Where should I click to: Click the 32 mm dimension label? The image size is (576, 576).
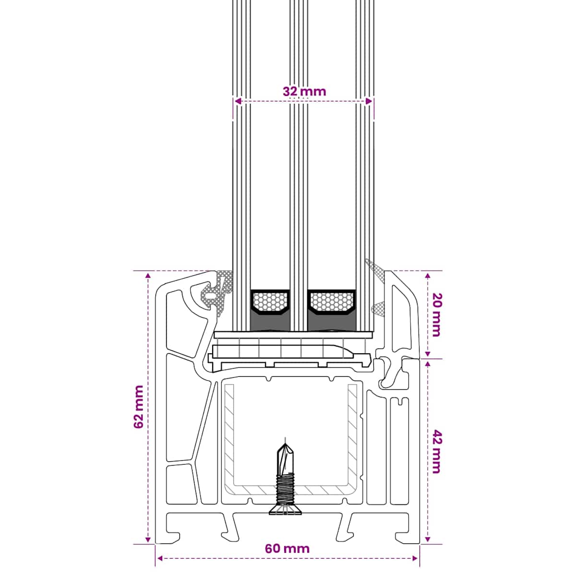[304, 92]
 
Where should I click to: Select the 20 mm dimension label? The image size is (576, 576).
[436, 315]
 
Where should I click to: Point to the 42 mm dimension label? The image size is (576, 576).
[436, 451]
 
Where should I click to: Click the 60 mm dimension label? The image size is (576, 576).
[287, 557]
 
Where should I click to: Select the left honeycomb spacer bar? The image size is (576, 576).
[270, 302]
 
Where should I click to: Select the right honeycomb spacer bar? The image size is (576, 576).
[332, 302]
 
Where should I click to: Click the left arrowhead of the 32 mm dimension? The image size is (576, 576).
[238, 101]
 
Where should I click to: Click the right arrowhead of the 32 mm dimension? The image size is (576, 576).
[369, 101]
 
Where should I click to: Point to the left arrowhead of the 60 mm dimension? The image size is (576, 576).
[160, 567]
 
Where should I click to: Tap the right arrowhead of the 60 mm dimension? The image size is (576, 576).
[415, 567]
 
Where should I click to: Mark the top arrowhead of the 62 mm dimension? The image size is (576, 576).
[148, 276]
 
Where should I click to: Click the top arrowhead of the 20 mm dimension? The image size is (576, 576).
[428, 276]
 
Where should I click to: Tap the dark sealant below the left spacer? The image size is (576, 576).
[270, 322]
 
